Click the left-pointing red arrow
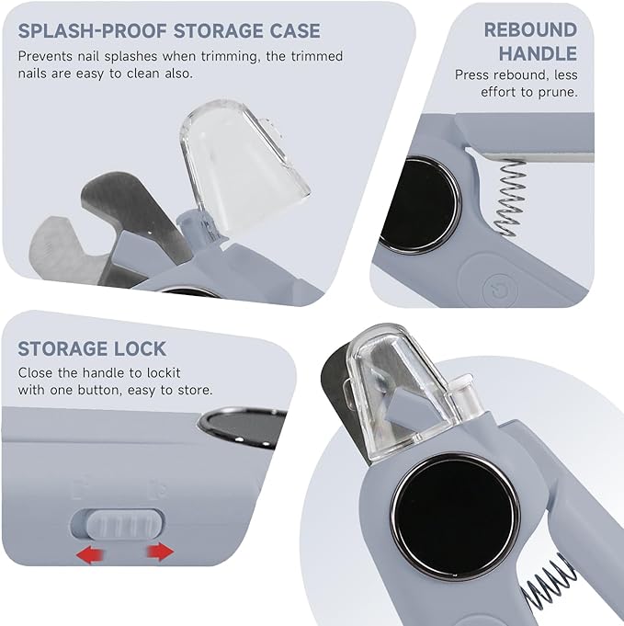click(x=91, y=554)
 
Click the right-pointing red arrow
click(x=161, y=552)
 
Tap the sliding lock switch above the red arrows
click(x=125, y=523)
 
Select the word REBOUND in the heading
click(x=530, y=30)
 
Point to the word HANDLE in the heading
click(x=538, y=54)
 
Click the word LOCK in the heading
click(x=140, y=348)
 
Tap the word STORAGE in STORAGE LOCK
click(x=63, y=348)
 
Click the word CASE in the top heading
click(x=295, y=31)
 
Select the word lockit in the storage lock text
click(x=164, y=372)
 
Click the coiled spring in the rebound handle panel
click(x=509, y=197)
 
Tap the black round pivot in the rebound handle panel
click(x=420, y=204)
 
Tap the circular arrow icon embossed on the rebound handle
click(x=500, y=290)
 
